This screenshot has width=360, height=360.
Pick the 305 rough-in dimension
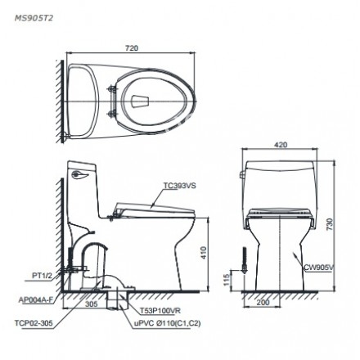coord(90,302)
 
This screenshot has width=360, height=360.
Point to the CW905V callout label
coord(317,267)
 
